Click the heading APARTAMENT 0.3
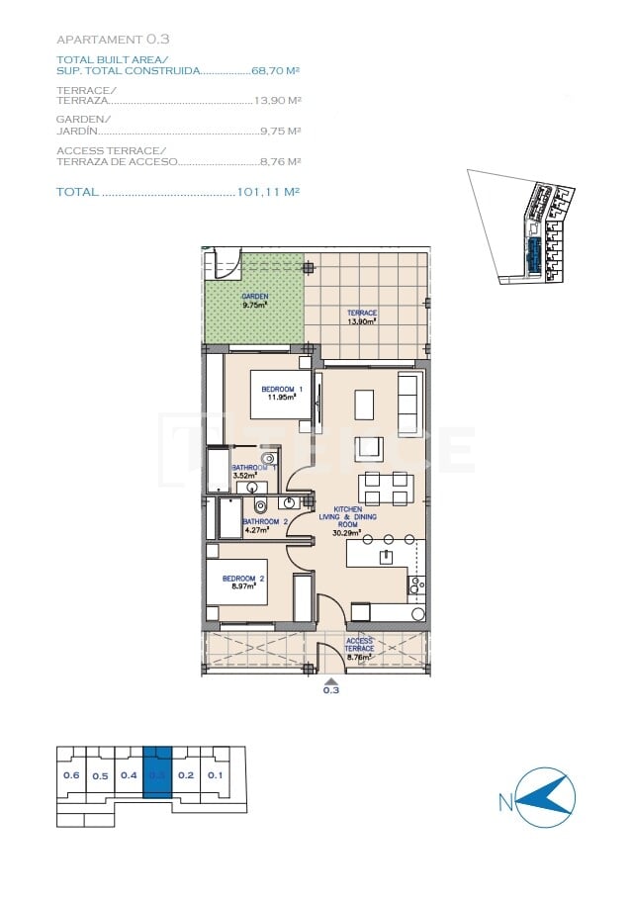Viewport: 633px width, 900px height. (113, 40)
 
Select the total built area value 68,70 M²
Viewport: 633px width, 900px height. (276, 71)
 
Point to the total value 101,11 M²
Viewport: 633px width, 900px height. (269, 192)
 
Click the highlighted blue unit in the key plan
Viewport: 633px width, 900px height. (157, 775)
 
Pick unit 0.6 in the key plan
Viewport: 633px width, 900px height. (71, 775)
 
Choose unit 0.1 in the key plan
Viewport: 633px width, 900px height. (215, 775)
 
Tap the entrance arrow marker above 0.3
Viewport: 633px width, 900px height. (331, 680)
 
